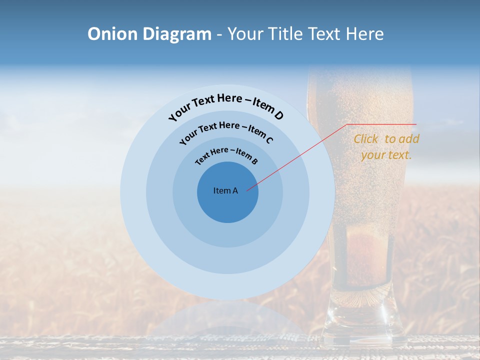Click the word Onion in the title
(x=113, y=34)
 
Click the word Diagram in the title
(x=177, y=34)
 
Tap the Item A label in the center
(x=225, y=190)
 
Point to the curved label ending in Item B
(x=226, y=154)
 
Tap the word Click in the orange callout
(x=366, y=139)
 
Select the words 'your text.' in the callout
(x=386, y=155)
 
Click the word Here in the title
(x=363, y=34)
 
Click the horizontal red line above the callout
(x=382, y=124)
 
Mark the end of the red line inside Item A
(x=247, y=190)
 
